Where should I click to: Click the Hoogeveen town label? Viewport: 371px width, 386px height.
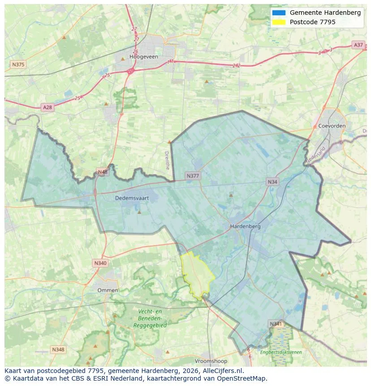[x=141, y=57]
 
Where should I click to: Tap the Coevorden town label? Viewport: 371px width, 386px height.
[x=332, y=126]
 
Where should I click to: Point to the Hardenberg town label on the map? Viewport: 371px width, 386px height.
[x=245, y=226]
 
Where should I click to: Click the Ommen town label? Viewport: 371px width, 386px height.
[x=108, y=290]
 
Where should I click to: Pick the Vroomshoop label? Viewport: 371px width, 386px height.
[x=211, y=361]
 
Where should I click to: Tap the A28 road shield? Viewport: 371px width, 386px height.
[x=47, y=107]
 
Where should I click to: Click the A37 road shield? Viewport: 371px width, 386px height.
[x=358, y=45]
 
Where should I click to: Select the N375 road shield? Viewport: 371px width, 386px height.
[x=18, y=65]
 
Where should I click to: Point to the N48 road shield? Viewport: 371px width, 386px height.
[x=103, y=172]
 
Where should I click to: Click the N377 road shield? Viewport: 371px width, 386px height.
[x=193, y=176]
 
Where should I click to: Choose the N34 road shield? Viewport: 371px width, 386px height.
[x=272, y=182]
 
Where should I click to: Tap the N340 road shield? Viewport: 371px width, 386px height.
[x=100, y=263]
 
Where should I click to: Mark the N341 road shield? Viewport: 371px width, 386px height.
[x=276, y=323]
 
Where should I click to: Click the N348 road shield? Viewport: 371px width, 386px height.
[x=58, y=349]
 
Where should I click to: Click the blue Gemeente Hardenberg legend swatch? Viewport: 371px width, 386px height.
[x=278, y=13]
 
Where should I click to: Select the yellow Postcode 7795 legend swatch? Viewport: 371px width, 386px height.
[x=278, y=22]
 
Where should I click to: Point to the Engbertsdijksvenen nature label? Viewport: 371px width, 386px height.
[x=281, y=352]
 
